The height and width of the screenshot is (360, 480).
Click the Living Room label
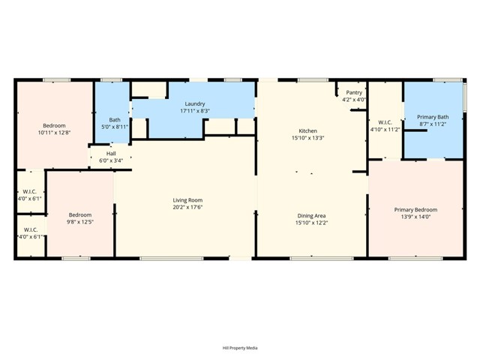point(187,200)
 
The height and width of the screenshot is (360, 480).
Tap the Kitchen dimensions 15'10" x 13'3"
point(308,138)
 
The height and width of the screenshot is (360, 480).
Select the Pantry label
point(354,92)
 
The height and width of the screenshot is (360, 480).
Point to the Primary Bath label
point(433,117)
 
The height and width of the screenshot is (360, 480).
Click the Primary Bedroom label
point(415,210)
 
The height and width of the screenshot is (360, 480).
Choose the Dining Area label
point(312,216)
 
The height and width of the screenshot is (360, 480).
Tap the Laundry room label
point(195,103)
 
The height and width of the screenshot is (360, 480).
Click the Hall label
point(111,153)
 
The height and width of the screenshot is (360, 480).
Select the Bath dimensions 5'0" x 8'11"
point(115,127)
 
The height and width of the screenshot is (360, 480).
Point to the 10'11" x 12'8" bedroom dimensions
point(55,133)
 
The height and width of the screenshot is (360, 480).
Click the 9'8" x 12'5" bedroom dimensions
point(80,222)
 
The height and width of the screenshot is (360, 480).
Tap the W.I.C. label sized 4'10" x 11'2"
point(385,122)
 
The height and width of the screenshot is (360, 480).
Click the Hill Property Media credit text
point(240,348)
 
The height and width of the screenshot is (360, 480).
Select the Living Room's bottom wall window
point(172,259)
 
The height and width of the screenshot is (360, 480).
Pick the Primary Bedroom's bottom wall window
point(415,259)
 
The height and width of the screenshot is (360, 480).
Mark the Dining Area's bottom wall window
point(322,259)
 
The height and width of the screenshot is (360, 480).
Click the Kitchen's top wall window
point(313,80)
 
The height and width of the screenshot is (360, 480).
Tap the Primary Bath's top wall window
point(448,80)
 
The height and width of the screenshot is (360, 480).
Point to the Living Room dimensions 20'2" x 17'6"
point(187,207)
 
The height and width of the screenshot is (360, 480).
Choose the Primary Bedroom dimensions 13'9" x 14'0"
point(415,217)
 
